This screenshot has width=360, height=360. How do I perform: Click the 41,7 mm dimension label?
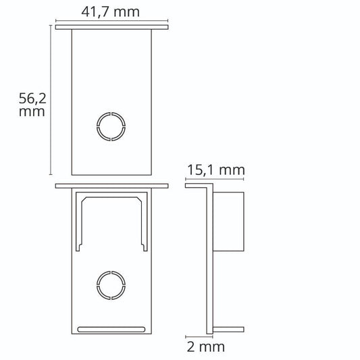111,12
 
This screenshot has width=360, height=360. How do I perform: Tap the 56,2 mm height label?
32,105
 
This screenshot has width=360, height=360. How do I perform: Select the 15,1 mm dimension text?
216,170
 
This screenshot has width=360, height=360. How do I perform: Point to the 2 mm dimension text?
206,346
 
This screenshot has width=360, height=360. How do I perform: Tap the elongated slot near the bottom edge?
111,330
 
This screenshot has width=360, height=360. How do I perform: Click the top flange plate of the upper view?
112,27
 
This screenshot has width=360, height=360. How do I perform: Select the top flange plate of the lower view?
112,186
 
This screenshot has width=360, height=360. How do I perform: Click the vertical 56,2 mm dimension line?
51,100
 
